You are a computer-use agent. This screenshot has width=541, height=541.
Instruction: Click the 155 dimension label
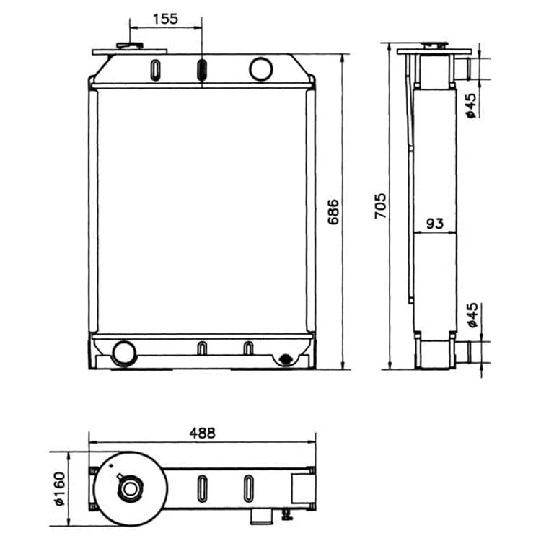click(165, 19)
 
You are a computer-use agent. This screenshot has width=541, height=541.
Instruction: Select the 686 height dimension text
click(333, 212)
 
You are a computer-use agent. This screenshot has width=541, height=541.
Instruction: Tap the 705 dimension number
click(381, 206)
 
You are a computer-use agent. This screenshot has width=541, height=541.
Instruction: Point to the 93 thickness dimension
click(435, 223)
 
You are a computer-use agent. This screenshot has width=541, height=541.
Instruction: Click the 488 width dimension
click(202, 433)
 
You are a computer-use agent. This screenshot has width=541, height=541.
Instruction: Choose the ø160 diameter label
click(59, 488)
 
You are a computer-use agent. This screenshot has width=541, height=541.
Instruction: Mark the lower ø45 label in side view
click(472, 315)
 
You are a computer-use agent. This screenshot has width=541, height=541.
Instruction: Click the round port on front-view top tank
click(261, 69)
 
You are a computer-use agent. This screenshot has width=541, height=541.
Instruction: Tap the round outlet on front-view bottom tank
click(124, 353)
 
